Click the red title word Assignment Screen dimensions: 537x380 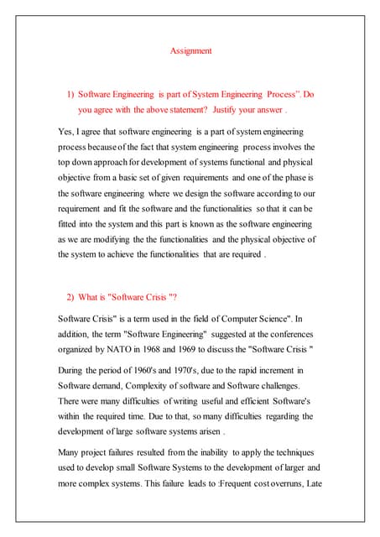point(191,51)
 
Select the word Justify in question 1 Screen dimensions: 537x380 point(222,109)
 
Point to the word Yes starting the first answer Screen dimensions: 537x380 point(66,133)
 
